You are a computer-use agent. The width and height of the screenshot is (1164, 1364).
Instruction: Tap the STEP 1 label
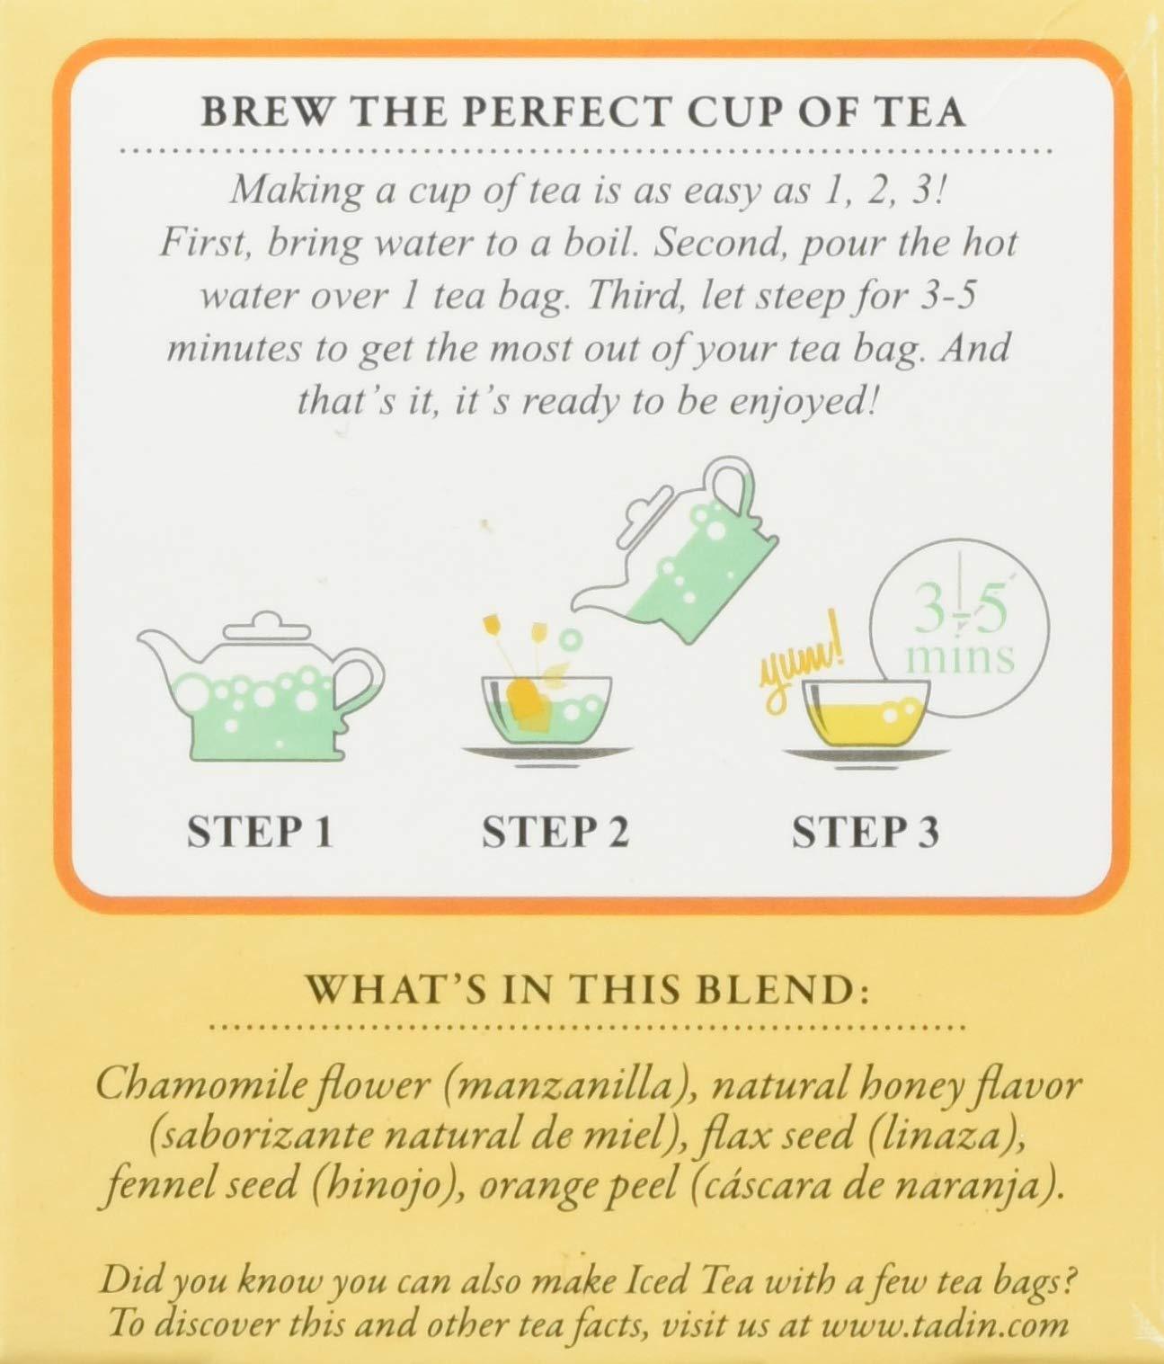(260, 833)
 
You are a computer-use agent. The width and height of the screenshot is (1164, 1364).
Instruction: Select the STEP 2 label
(556, 833)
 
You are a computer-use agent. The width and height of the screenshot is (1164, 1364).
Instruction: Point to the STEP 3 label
(865, 833)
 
